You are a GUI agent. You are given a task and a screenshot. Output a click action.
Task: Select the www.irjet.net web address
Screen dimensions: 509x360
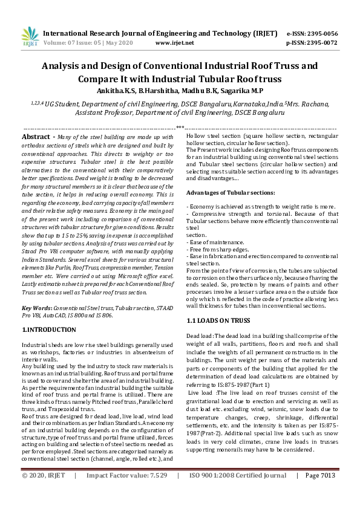coord(174,44)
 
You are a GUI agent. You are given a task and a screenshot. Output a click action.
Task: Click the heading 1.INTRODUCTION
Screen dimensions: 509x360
coord(49,330)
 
